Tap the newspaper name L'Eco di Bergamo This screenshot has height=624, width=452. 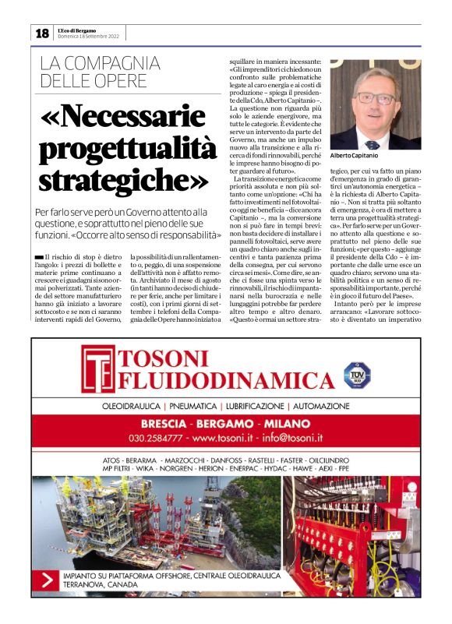tap(79, 29)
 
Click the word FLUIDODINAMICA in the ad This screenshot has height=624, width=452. tap(226, 382)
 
